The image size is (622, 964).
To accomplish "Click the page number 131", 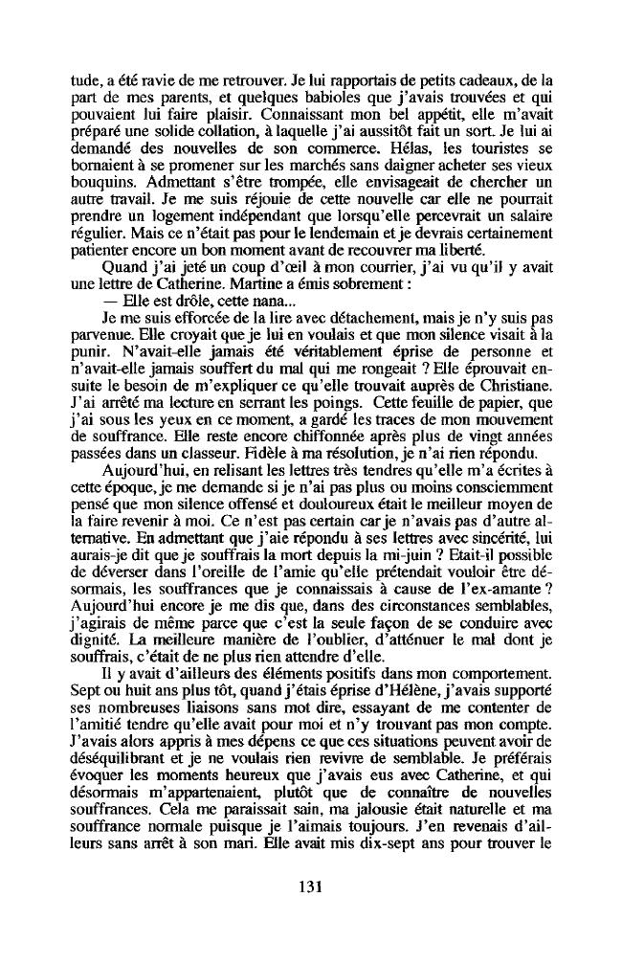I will pyautogui.click(x=309, y=886).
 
